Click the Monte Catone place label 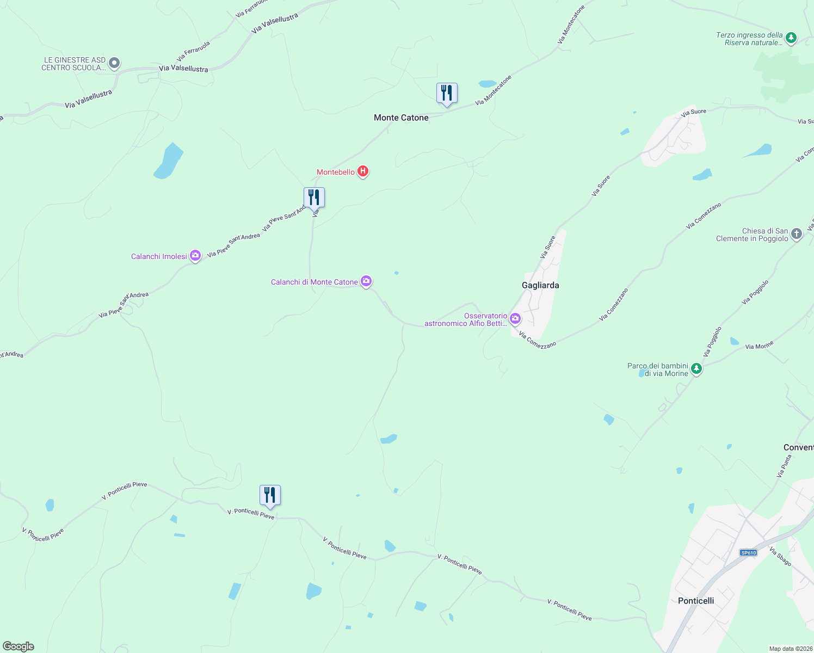tap(401, 118)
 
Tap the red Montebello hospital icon tap(363, 172)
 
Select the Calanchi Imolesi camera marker tap(195, 256)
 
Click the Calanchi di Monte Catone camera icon tap(367, 281)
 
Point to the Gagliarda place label tap(540, 285)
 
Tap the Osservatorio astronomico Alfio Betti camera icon tap(515, 319)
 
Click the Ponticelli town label tap(696, 601)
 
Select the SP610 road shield tap(749, 553)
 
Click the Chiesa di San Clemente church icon tap(797, 234)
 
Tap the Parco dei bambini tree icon tap(696, 369)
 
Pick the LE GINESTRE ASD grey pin tap(114, 63)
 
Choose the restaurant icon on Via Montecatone tap(447, 94)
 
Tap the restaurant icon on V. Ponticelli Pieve tap(270, 496)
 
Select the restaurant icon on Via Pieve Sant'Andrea tap(314, 198)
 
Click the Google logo tap(18, 646)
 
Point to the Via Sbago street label tap(780, 557)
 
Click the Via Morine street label tap(759, 346)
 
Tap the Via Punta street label tap(784, 466)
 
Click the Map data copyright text tap(791, 649)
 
